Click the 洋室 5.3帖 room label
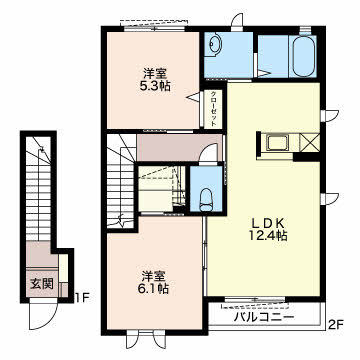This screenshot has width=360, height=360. coord(154,80)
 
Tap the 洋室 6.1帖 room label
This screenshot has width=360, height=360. coord(154,282)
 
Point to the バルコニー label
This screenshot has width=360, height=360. coord(264,317)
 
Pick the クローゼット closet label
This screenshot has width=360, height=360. coord(213,108)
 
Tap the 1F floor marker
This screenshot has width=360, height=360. coord(81,297)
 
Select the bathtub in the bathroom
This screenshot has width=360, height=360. coord(305,56)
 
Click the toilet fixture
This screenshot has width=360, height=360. coord(206,200)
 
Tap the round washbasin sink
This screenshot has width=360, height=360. coord(215,43)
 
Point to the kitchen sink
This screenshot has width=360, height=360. coord(278,143)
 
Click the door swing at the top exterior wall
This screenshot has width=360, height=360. coord(237,21)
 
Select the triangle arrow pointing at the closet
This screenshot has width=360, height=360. coord(194,97)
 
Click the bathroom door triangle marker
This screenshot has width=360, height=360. coord(263,74)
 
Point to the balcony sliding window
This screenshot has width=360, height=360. coord(254,299)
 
